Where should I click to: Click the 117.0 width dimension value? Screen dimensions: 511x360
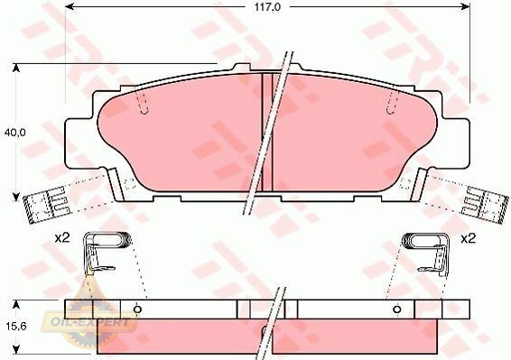point(267,7)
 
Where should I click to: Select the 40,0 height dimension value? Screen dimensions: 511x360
point(14,133)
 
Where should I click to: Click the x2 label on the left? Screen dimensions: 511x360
point(62,238)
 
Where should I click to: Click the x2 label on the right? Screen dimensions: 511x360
point(468,239)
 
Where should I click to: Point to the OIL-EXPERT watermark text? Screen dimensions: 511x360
point(90,322)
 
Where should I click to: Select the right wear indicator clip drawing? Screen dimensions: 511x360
point(425,252)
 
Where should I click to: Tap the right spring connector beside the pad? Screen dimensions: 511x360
point(485,205)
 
